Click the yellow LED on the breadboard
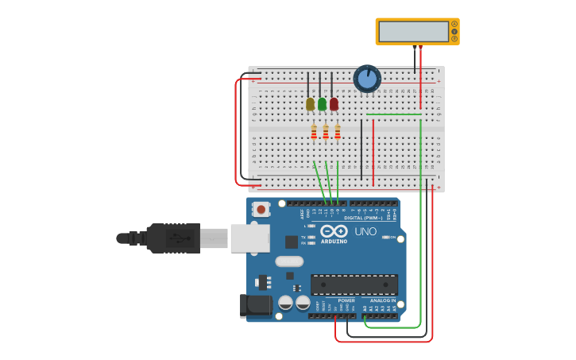click(x=310, y=104)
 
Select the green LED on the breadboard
click(x=322, y=104)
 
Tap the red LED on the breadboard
click(x=334, y=104)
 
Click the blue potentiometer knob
click(x=367, y=79)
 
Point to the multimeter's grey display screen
click(x=413, y=32)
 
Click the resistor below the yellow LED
click(x=314, y=132)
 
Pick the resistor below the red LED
click(x=338, y=132)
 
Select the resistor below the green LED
click(x=326, y=132)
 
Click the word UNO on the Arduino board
click(x=365, y=231)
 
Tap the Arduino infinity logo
click(x=334, y=230)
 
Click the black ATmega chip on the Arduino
click(x=354, y=285)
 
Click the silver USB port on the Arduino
click(x=249, y=238)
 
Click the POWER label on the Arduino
click(x=346, y=300)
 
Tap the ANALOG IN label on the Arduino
click(x=382, y=300)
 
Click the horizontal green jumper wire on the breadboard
click(x=393, y=114)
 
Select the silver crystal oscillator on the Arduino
click(x=289, y=261)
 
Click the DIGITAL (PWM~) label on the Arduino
click(x=364, y=217)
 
